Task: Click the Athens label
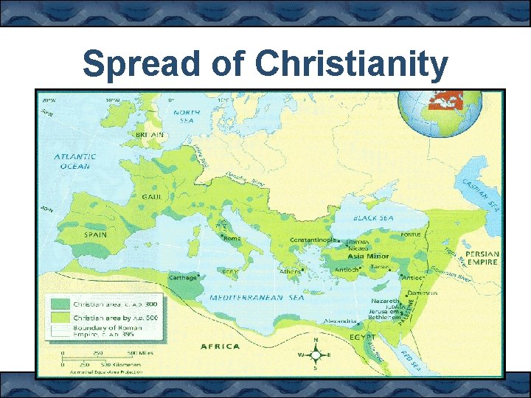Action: pos(289,271)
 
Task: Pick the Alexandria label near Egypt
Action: pos(339,321)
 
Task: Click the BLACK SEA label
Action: pos(374,218)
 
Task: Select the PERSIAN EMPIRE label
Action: pos(482,259)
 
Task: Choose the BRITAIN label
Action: pos(150,135)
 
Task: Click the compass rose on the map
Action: pos(316,355)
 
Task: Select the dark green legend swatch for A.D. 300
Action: pos(60,304)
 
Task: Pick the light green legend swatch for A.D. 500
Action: pos(60,317)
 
